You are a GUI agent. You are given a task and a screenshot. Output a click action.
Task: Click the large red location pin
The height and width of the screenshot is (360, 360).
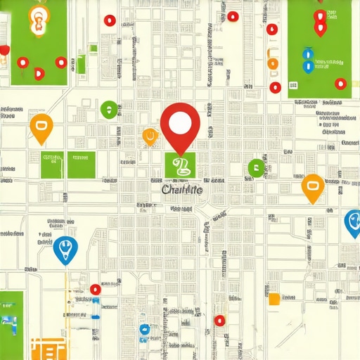coord(180,124)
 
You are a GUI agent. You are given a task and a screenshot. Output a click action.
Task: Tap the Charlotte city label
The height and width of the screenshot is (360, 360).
coord(181,190)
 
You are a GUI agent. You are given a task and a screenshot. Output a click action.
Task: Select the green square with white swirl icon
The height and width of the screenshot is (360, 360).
coord(181,167)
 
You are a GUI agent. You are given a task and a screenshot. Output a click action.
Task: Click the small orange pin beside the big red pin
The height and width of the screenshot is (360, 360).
coord(150,136)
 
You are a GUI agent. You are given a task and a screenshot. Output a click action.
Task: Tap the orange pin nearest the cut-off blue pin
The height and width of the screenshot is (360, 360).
coord(311,187)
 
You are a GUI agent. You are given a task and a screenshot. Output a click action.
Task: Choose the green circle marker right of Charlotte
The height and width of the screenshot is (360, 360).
coord(255,167)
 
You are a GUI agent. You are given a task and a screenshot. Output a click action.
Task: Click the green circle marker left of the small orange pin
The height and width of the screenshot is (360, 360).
coord(108,109)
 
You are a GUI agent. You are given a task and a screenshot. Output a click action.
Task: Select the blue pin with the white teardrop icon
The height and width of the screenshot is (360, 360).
coord(65,248)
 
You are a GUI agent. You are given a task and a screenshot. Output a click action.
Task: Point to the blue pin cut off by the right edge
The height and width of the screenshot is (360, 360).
coord(354,222)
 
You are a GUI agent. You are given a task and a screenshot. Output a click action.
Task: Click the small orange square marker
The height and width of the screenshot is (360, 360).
coord(274,299)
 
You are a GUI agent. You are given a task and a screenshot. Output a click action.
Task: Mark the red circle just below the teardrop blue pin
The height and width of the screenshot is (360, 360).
coord(96,289)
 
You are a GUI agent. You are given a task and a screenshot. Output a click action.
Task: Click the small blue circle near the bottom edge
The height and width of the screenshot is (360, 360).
coord(144,328)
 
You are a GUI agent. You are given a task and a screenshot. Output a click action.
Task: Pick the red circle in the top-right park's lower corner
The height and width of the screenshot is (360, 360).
coord(340,84)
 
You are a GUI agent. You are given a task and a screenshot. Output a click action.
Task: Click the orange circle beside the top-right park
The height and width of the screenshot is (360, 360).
coord(274,64)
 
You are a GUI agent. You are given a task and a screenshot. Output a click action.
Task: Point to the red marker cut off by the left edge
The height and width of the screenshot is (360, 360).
coord(4,51)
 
